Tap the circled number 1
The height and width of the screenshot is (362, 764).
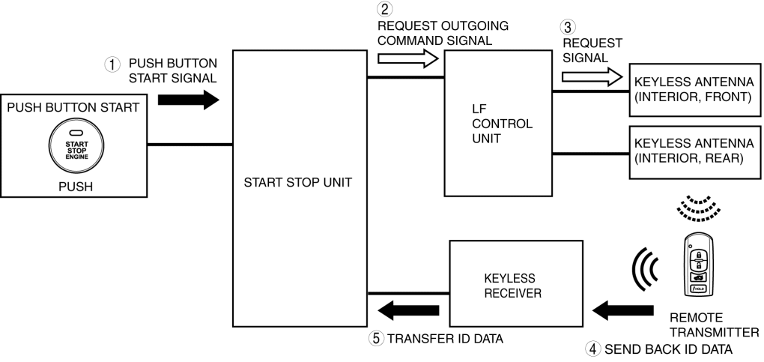point(112,65)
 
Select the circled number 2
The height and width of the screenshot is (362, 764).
point(385,10)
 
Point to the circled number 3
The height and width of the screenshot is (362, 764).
point(569,28)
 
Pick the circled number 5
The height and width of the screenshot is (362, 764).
point(378,338)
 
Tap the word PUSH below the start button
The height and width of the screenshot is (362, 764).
point(75,187)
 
